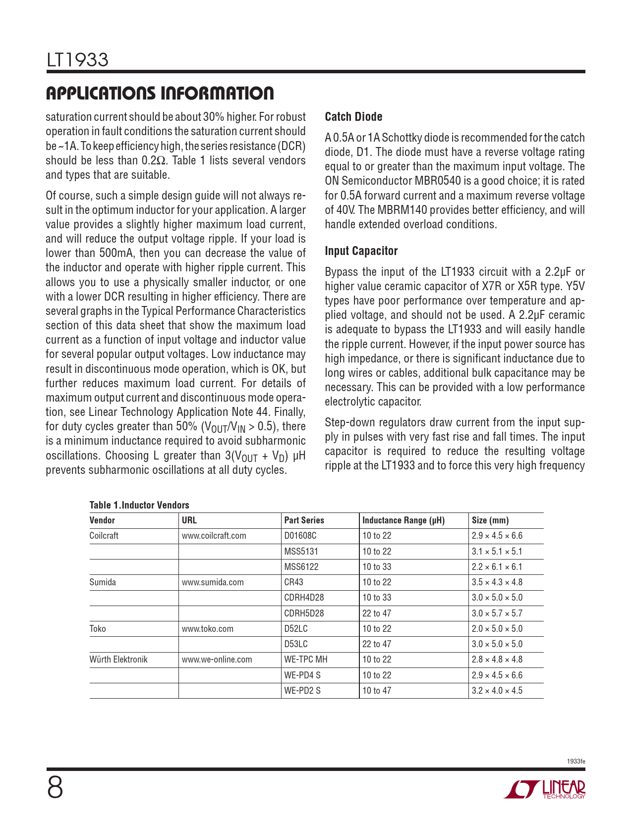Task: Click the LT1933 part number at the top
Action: point(77,60)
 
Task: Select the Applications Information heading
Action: point(159,94)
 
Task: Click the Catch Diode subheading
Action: point(353,117)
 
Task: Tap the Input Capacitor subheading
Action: point(361,251)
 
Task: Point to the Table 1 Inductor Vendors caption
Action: point(139,505)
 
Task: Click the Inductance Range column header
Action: point(403,520)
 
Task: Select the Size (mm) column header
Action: point(490,520)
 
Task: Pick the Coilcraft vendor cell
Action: point(104,536)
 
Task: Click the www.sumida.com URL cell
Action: point(213,582)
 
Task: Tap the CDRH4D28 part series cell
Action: point(304,598)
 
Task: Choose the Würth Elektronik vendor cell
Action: point(118,660)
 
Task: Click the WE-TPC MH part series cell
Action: point(306,660)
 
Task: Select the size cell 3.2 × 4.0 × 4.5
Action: point(497,691)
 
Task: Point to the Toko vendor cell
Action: point(98,629)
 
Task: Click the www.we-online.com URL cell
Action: point(217,660)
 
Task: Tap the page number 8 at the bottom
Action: point(55,788)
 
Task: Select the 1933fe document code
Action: point(575,761)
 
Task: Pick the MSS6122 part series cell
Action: point(301,567)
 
